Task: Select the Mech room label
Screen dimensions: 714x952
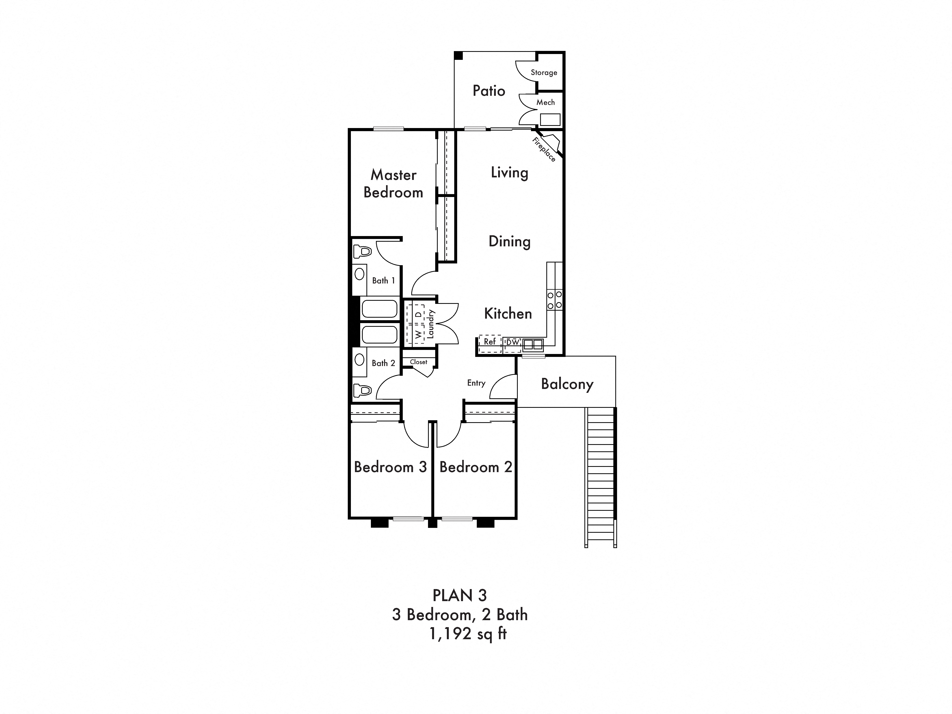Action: click(x=545, y=102)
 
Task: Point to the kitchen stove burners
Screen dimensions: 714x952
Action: click(x=554, y=300)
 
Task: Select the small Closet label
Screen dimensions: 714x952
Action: click(x=418, y=362)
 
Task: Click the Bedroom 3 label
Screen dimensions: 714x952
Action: click(x=390, y=467)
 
